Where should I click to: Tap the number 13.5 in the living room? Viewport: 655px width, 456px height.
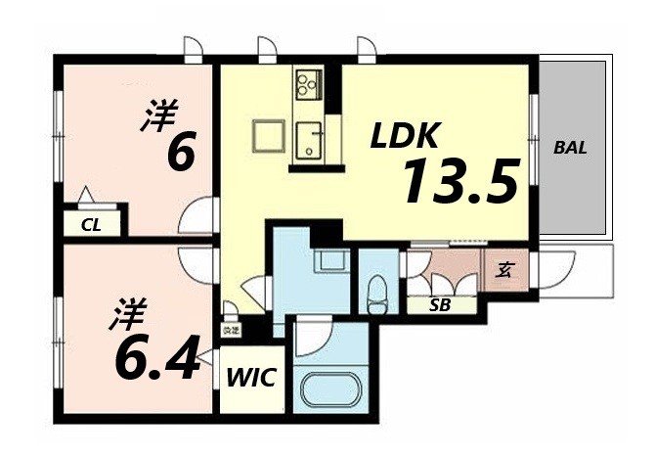click(x=457, y=181)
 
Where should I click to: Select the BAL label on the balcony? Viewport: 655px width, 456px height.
click(x=570, y=149)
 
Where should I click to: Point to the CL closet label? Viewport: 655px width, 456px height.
click(x=92, y=225)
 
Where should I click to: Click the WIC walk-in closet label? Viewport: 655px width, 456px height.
click(x=252, y=378)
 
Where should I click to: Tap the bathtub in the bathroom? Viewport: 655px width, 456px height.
click(x=327, y=392)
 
